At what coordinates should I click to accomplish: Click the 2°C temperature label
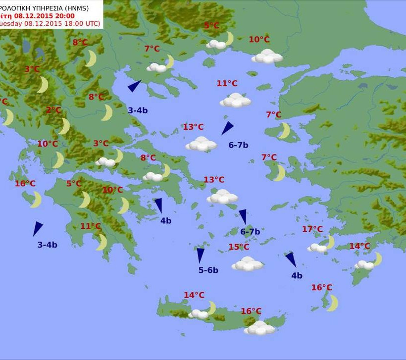tap(53, 110)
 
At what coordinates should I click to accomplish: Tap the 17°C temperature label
tap(312, 229)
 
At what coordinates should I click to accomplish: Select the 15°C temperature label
tap(239, 247)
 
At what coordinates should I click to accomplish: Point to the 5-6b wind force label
tap(208, 270)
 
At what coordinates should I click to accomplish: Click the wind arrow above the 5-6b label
tap(201, 255)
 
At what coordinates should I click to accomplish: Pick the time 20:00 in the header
tap(62, 15)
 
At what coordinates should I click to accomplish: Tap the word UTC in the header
tap(91, 23)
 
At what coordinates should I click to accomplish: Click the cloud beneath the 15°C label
tap(248, 264)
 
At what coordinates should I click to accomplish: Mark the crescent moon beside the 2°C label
tap(64, 126)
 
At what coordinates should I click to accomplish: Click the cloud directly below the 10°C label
tap(267, 56)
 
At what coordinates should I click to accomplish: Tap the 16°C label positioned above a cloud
tap(251, 311)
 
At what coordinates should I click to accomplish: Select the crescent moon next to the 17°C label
tap(329, 242)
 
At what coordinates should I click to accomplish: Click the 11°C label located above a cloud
tap(227, 84)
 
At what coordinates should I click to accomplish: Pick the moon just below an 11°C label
tap(101, 242)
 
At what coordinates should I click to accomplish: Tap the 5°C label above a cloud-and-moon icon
tap(211, 26)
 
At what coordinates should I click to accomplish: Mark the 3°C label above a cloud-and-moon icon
tap(101, 144)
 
